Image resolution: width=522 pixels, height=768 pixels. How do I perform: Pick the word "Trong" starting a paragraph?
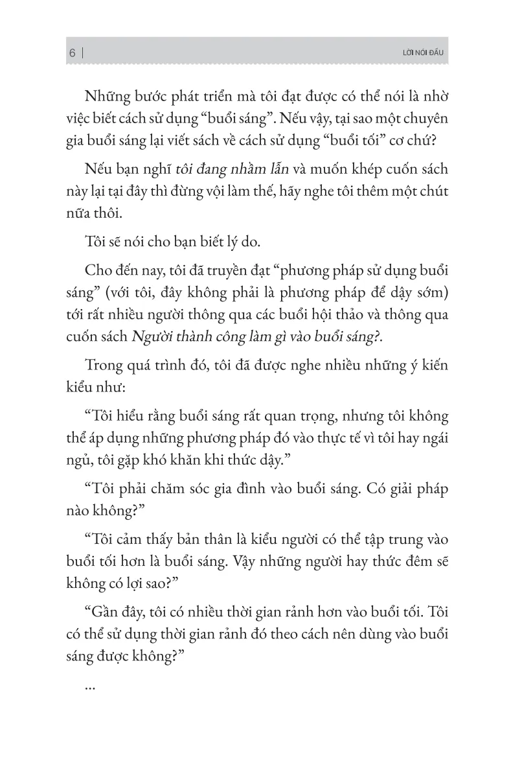point(108,369)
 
